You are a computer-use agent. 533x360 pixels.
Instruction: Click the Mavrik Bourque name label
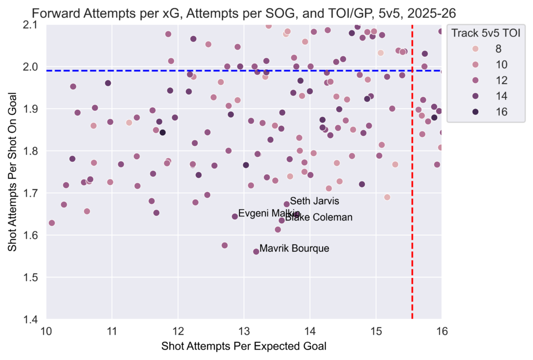[x=294, y=249]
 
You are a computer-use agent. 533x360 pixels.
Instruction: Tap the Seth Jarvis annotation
[x=314, y=201]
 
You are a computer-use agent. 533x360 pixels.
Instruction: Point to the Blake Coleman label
[x=319, y=217]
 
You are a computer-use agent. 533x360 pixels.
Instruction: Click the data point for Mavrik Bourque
[x=256, y=252]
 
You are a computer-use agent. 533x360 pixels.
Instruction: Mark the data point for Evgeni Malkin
[x=235, y=216]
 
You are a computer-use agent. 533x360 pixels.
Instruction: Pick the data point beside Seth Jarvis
[x=286, y=204]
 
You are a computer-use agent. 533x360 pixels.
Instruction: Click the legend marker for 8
[x=461, y=49]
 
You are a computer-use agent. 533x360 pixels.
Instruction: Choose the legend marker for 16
[x=461, y=111]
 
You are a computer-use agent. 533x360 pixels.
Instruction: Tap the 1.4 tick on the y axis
[x=33, y=319]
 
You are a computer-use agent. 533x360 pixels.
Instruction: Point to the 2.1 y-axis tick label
[x=33, y=25]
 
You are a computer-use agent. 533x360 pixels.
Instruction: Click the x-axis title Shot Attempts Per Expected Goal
[x=244, y=346]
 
